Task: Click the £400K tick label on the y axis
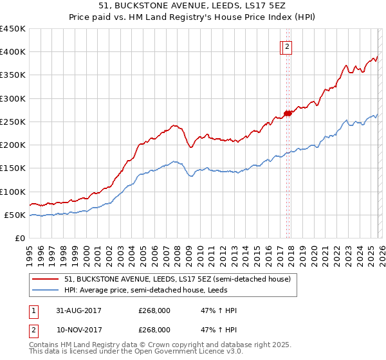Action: tap(13, 52)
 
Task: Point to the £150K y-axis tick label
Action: tap(13, 168)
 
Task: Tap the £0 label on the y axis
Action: tap(19, 239)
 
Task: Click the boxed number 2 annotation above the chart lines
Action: tap(287, 46)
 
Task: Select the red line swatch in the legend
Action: tap(46, 280)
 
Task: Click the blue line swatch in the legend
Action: tap(46, 290)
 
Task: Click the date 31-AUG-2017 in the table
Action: tap(79, 310)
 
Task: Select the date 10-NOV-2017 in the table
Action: tap(79, 329)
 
